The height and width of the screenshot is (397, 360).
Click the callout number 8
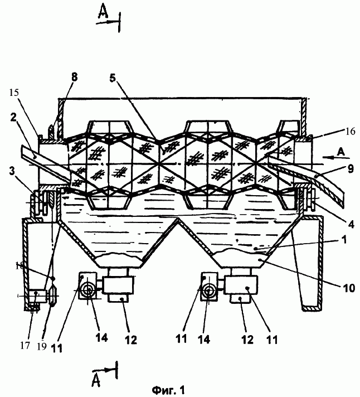click(x=74, y=77)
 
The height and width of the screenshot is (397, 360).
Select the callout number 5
click(x=113, y=78)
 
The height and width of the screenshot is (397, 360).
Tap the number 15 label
click(x=14, y=93)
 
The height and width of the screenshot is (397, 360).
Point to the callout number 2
click(x=13, y=117)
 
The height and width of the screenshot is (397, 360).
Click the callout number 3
click(x=12, y=171)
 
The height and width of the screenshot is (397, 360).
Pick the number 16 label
click(x=350, y=132)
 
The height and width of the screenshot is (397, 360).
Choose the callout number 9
click(x=351, y=168)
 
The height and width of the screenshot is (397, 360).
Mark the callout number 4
click(x=351, y=224)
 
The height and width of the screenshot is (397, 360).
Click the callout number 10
click(x=349, y=288)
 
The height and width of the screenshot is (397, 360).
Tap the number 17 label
click(x=25, y=345)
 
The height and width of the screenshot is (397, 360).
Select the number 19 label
click(x=42, y=347)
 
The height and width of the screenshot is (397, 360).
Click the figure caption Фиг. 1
click(x=168, y=390)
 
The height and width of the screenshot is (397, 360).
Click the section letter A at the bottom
click(x=96, y=380)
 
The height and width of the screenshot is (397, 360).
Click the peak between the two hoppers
click(x=178, y=219)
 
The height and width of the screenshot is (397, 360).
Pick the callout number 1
click(x=344, y=240)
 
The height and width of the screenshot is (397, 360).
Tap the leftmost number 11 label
click(x=57, y=348)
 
